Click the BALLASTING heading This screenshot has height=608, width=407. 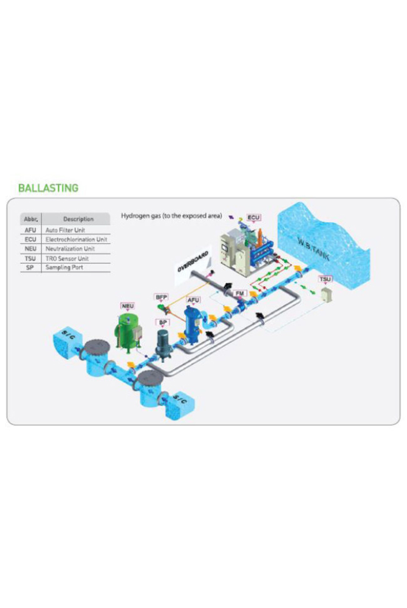point(49,188)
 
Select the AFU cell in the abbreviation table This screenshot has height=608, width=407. point(30,230)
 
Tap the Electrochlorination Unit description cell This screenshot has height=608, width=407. point(77,239)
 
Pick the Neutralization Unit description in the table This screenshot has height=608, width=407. point(70,249)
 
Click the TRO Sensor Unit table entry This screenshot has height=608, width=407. point(67,258)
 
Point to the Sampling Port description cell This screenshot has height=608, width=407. point(64,267)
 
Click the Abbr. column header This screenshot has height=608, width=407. point(30,219)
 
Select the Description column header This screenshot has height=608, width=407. point(78,219)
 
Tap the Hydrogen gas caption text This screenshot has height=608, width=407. point(171,216)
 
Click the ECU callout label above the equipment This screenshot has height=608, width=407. point(254,218)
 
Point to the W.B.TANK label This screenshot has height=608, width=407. point(313,249)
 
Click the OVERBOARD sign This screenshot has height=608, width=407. point(193,261)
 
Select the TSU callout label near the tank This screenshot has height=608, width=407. point(325,279)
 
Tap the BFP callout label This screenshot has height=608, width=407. point(161,297)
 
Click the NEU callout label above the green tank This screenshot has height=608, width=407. point(128,306)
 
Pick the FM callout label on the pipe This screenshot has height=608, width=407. point(241,293)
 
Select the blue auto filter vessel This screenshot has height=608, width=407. point(192,324)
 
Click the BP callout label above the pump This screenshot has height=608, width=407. point(163,323)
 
